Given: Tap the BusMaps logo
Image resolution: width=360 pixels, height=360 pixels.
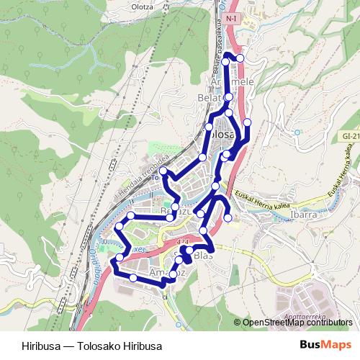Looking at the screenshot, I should pyautogui.click(x=325, y=346).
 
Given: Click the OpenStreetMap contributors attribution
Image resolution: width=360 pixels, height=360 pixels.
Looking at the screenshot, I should pyautogui.click(x=297, y=322).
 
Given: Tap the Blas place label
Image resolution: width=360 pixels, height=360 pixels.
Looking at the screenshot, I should pyautogui.click(x=204, y=256).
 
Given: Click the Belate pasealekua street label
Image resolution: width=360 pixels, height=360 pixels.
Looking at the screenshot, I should pyautogui.click(x=216, y=48).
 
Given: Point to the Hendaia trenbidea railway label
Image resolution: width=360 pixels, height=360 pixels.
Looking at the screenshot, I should pyautogui.click(x=141, y=175).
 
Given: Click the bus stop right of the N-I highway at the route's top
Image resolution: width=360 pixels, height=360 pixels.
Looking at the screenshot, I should pyautogui.click(x=240, y=58).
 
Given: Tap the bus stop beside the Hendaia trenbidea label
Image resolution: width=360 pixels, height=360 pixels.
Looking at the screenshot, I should pyautogui.click(x=163, y=171).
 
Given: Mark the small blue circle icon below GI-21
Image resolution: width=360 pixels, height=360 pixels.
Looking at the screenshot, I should pyautogui.click(x=294, y=132).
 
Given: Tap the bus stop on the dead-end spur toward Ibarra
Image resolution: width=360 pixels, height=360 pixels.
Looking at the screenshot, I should pyautogui.click(x=228, y=217).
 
